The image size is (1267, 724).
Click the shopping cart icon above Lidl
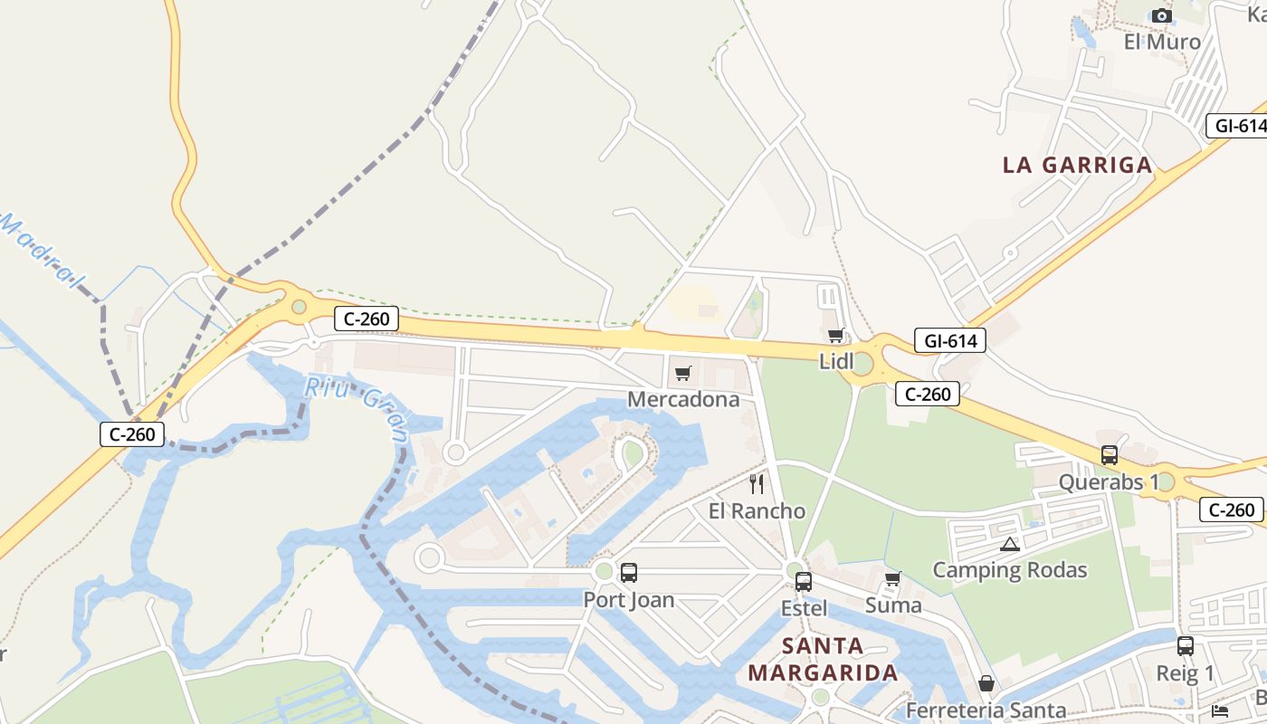click(835, 336)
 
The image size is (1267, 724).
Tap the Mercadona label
click(683, 399)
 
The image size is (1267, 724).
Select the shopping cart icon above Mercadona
click(683, 374)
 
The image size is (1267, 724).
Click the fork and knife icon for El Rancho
click(757, 484)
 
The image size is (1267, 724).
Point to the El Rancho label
click(757, 511)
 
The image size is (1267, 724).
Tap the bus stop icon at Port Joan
click(629, 573)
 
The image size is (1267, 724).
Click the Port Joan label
click(629, 600)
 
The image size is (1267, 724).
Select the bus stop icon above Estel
click(804, 582)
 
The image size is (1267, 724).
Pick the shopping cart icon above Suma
click(893, 579)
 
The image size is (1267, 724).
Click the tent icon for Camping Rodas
click(1010, 544)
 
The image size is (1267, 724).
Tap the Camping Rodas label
click(1010, 570)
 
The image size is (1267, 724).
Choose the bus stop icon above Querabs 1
click(1110, 455)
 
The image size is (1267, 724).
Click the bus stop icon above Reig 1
click(1186, 646)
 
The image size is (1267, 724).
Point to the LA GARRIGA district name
click(1077, 165)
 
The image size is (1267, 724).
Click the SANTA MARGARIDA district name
click(823, 660)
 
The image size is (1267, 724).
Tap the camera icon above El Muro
click(1162, 15)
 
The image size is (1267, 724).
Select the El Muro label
click(1162, 42)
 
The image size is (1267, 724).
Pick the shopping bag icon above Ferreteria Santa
click(986, 683)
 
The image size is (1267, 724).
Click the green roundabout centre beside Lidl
click(862, 364)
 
